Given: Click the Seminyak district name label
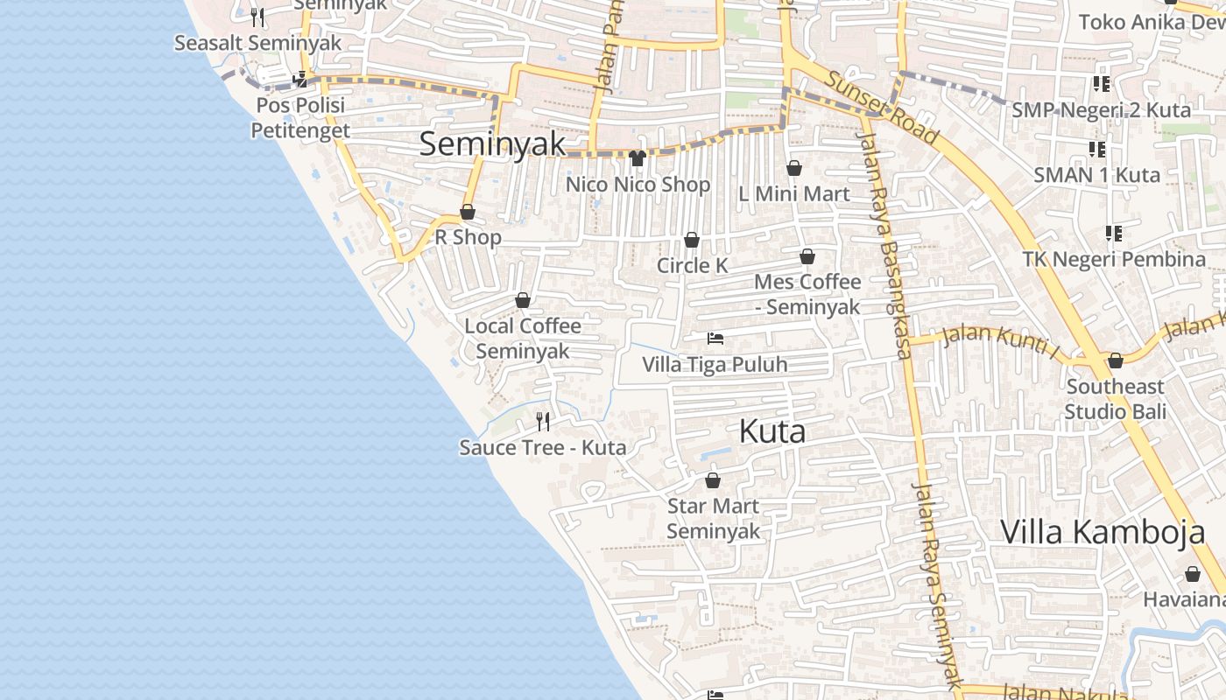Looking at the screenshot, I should pyautogui.click(x=492, y=144).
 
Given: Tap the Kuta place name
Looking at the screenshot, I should pyautogui.click(x=772, y=431).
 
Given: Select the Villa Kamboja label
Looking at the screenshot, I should pyautogui.click(x=1103, y=532).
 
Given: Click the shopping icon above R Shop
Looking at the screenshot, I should pyautogui.click(x=468, y=212).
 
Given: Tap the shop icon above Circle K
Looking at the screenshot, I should pyautogui.click(x=692, y=240).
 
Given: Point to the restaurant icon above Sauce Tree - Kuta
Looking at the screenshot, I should pyautogui.click(x=543, y=422).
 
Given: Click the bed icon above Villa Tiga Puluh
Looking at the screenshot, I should pyautogui.click(x=715, y=338).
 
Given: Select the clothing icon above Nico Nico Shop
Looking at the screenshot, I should pyautogui.click(x=637, y=158).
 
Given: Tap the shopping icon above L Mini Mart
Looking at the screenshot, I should pyautogui.click(x=794, y=168).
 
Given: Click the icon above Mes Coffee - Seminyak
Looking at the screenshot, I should pyautogui.click(x=807, y=256).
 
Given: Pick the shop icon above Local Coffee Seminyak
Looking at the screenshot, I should pyautogui.click(x=523, y=300).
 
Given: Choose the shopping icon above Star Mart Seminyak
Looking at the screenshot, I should pyautogui.click(x=713, y=480).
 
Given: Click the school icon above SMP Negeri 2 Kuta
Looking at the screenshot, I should pyautogui.click(x=1102, y=84).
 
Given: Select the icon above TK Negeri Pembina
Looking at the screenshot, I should pyautogui.click(x=1114, y=234).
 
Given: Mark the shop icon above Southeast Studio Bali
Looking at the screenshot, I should pyautogui.click(x=1116, y=360).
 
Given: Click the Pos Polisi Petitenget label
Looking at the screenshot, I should pyautogui.click(x=300, y=117).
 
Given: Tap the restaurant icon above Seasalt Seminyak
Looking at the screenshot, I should pyautogui.click(x=257, y=17).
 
